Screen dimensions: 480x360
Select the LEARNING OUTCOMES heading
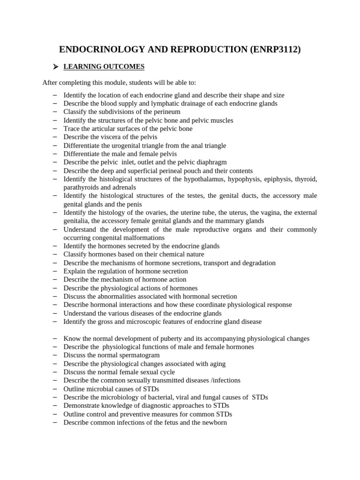[x=104, y=67]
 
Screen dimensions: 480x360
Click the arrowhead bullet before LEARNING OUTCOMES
[x=55, y=67]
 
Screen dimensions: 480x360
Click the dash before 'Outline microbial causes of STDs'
[x=55, y=389]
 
